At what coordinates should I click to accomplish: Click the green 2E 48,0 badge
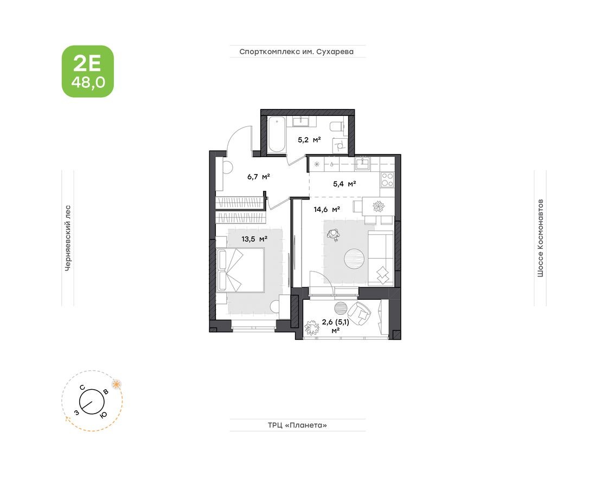click(87, 72)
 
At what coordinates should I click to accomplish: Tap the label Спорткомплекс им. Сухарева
click(297, 52)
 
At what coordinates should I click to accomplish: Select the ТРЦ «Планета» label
click(297, 425)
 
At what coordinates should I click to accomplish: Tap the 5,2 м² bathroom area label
click(309, 139)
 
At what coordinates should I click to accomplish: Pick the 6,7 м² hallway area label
click(259, 176)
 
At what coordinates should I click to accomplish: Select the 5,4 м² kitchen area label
click(344, 184)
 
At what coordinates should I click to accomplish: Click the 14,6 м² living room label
click(327, 209)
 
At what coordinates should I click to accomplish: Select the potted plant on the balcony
click(312, 327)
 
